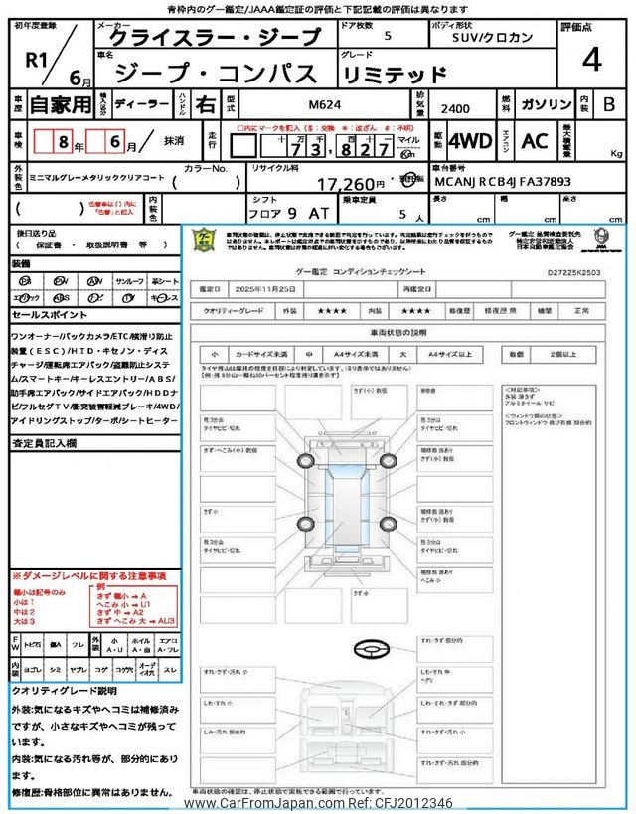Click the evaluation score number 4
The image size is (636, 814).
591,61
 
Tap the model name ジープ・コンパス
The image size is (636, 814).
217,73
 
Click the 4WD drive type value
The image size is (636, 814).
470,141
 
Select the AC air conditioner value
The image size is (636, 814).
535,141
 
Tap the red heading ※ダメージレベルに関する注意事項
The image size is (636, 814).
88,576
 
